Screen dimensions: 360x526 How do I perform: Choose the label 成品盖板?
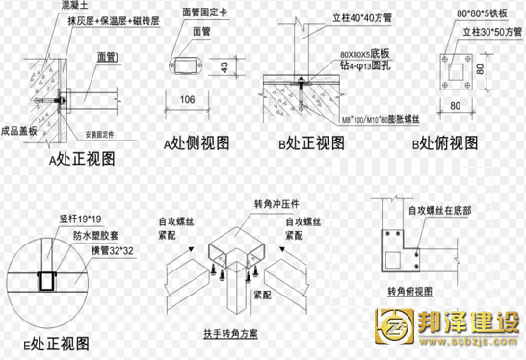[19, 129]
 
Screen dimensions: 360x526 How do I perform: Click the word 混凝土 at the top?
[65, 6]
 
